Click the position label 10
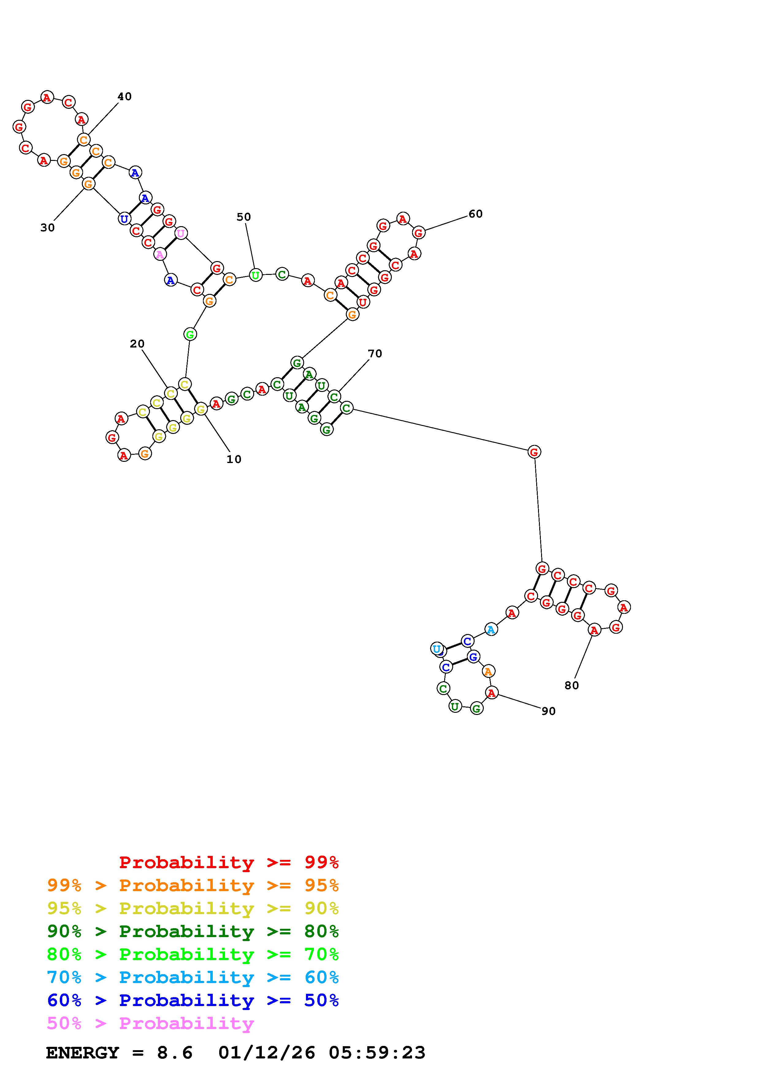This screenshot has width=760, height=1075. (234, 459)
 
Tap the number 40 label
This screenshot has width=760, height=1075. (124, 97)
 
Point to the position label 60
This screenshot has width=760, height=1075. (475, 214)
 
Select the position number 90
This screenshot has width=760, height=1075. (548, 711)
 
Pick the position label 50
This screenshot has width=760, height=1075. (243, 217)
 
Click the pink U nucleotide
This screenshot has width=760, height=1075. (181, 233)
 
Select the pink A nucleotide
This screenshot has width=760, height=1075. (160, 254)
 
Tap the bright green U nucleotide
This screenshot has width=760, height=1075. (255, 275)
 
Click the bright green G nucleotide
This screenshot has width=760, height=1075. (190, 334)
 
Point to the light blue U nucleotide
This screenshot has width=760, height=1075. (437, 649)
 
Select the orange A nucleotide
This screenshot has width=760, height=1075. (488, 671)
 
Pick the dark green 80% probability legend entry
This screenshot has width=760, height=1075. (193, 931)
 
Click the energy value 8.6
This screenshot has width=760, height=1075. (175, 1053)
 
